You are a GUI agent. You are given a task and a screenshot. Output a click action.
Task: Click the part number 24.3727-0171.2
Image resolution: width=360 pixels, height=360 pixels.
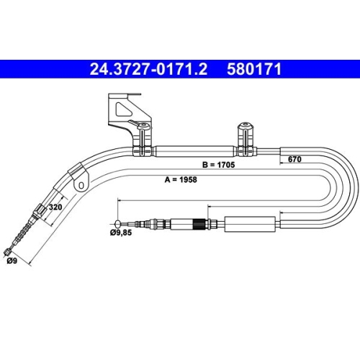(148, 69)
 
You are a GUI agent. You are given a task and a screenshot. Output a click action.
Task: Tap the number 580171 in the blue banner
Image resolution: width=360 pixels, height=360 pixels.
(254, 69)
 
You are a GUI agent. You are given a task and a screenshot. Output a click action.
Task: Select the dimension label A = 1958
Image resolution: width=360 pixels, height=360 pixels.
(181, 179)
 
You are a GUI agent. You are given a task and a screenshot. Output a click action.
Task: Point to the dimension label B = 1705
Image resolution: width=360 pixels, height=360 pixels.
(218, 165)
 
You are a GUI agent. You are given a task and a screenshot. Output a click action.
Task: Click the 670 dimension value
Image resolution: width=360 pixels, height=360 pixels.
(294, 159)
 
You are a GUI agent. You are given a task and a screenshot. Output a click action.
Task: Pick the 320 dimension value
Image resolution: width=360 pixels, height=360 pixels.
(55, 207)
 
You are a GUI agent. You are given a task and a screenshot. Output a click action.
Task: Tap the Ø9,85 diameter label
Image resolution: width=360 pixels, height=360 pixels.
(121, 233)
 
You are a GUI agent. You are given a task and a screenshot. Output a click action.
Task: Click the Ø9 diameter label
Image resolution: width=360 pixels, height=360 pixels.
(12, 261)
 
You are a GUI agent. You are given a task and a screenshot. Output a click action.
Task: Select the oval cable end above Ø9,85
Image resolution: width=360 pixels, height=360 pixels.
(117, 224)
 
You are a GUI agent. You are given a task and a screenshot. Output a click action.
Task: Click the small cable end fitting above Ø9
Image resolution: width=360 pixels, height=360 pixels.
(8, 252)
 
